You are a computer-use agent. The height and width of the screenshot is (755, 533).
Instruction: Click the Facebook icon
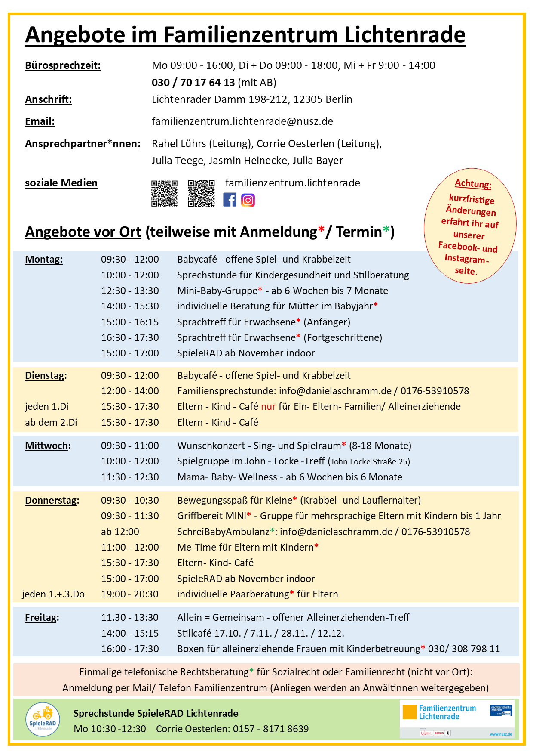tap(230, 200)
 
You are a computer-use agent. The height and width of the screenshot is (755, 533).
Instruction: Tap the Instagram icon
tap(248, 200)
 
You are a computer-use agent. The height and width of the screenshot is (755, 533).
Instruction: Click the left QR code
tap(164, 194)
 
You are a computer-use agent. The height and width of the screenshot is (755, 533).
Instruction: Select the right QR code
tap(201, 194)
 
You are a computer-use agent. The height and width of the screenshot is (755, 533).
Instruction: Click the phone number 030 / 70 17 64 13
tap(193, 83)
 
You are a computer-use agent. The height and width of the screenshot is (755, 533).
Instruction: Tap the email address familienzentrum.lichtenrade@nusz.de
tap(242, 121)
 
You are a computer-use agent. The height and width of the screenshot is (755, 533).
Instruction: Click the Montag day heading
tap(44, 260)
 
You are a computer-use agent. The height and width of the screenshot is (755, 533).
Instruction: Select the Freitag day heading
tap(42, 618)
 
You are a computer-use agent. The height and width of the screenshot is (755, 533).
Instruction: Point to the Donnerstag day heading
tap(52, 501)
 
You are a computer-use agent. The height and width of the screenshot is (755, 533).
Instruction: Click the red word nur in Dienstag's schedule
tap(268, 407)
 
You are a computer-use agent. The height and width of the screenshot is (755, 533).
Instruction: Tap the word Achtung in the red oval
tap(473, 184)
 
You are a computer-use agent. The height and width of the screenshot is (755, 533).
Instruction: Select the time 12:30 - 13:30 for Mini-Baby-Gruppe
tap(130, 291)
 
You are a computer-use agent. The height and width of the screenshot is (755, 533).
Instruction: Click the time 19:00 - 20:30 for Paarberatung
tap(130, 594)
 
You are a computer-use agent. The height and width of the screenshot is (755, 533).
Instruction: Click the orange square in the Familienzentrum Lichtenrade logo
tap(410, 712)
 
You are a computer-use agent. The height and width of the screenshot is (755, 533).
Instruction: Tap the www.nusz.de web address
tap(501, 734)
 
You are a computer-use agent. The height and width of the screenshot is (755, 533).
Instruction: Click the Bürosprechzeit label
tap(63, 66)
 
